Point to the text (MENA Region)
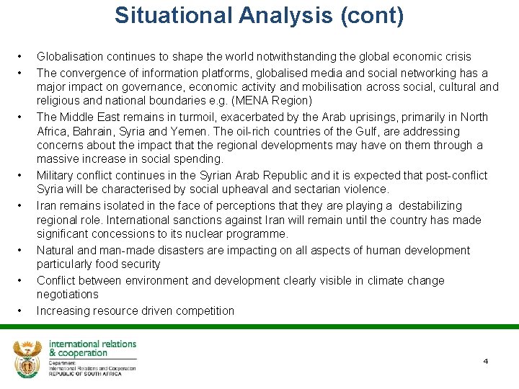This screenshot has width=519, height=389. pyautogui.click(x=277, y=100)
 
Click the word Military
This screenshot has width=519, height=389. pyautogui.click(x=56, y=175)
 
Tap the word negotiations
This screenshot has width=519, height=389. pyautogui.click(x=68, y=294)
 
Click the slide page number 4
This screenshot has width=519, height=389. pyautogui.click(x=485, y=361)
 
